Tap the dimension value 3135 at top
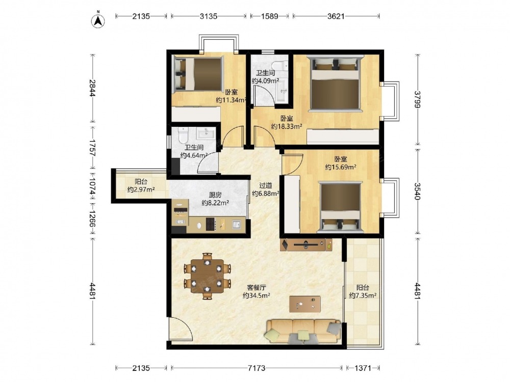[209, 16]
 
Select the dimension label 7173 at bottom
[257, 368]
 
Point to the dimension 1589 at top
[270, 16]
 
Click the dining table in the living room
[208, 276]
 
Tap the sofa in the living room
[303, 332]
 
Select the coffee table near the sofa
[305, 304]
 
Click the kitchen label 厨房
[215, 195]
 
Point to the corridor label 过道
[265, 185]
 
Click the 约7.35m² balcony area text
[363, 295]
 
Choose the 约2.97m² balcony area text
[141, 189]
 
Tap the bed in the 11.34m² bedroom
[198, 73]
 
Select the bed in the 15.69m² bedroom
[340, 207]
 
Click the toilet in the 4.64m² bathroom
[184, 135]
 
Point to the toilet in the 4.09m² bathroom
[279, 66]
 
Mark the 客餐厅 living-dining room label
[257, 287]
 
